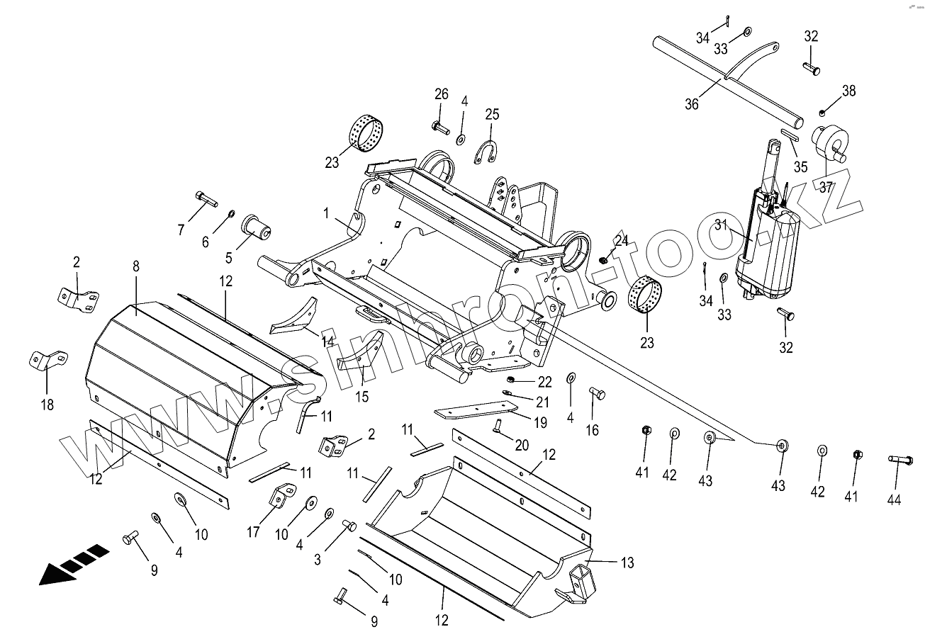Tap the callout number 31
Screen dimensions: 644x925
coord(722,225)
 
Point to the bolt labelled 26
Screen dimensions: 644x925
coord(440,128)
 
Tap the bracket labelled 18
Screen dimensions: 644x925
coord(47,358)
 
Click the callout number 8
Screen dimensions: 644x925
coord(136,266)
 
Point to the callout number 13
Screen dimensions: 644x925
coord(627,563)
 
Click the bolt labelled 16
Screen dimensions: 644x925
coord(595,393)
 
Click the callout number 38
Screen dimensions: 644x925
coord(848,91)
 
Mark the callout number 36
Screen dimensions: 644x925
coord(692,103)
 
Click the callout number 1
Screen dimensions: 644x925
coord(326,213)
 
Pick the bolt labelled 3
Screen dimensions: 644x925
coord(348,526)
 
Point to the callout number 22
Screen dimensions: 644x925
coord(544,382)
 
